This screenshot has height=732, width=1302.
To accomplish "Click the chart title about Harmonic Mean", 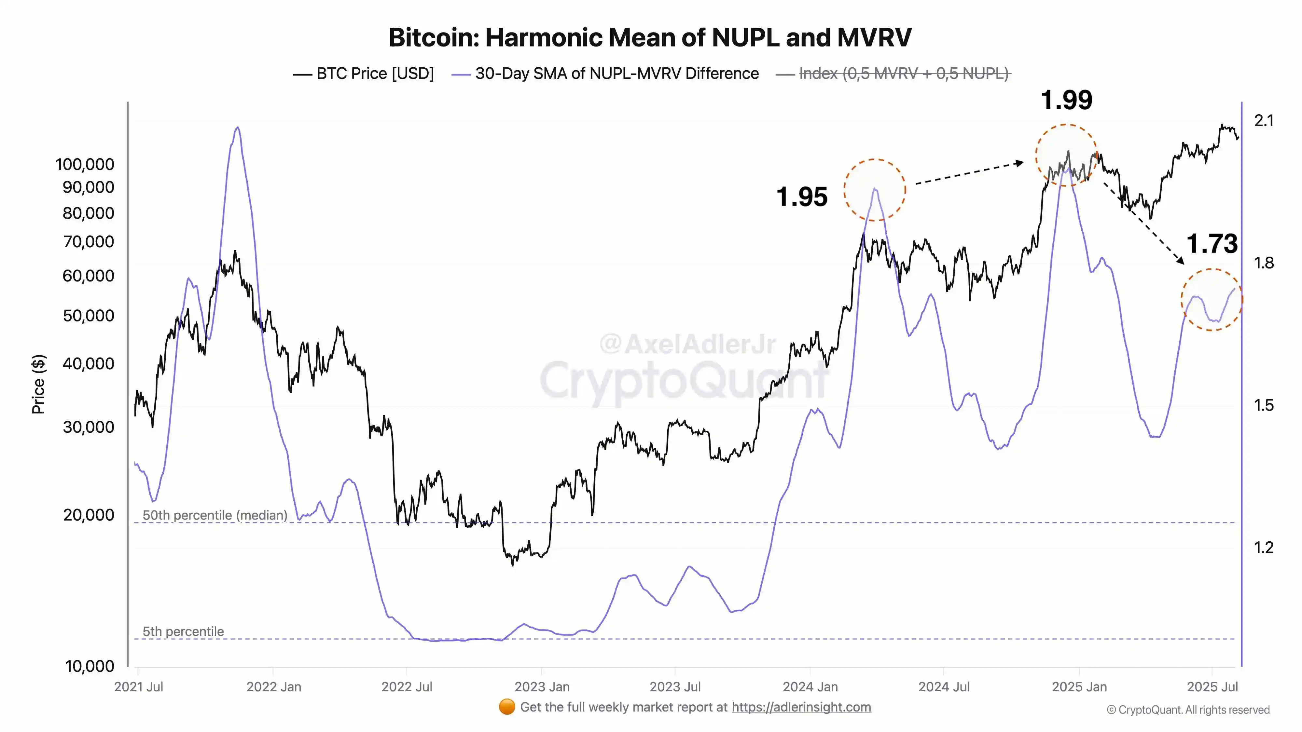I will click(650, 37).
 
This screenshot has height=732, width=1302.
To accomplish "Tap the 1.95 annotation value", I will click(802, 197).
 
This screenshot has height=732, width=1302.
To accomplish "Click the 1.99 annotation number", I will click(1066, 100).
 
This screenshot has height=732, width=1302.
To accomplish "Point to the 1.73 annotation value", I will click(1212, 244).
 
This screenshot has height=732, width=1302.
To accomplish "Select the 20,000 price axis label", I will click(89, 515).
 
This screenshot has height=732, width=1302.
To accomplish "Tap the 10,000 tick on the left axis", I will click(90, 666).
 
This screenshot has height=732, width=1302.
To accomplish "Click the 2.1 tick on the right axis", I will click(1264, 121).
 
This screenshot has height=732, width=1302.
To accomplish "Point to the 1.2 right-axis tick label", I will click(1264, 548).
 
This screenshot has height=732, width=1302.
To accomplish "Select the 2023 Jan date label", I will click(542, 687).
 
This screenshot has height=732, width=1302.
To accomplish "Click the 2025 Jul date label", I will click(1212, 687).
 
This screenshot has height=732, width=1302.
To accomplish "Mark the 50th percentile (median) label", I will click(215, 515).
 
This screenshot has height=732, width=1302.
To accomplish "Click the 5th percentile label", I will click(183, 631).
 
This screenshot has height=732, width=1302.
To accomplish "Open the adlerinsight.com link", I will click(801, 707).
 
